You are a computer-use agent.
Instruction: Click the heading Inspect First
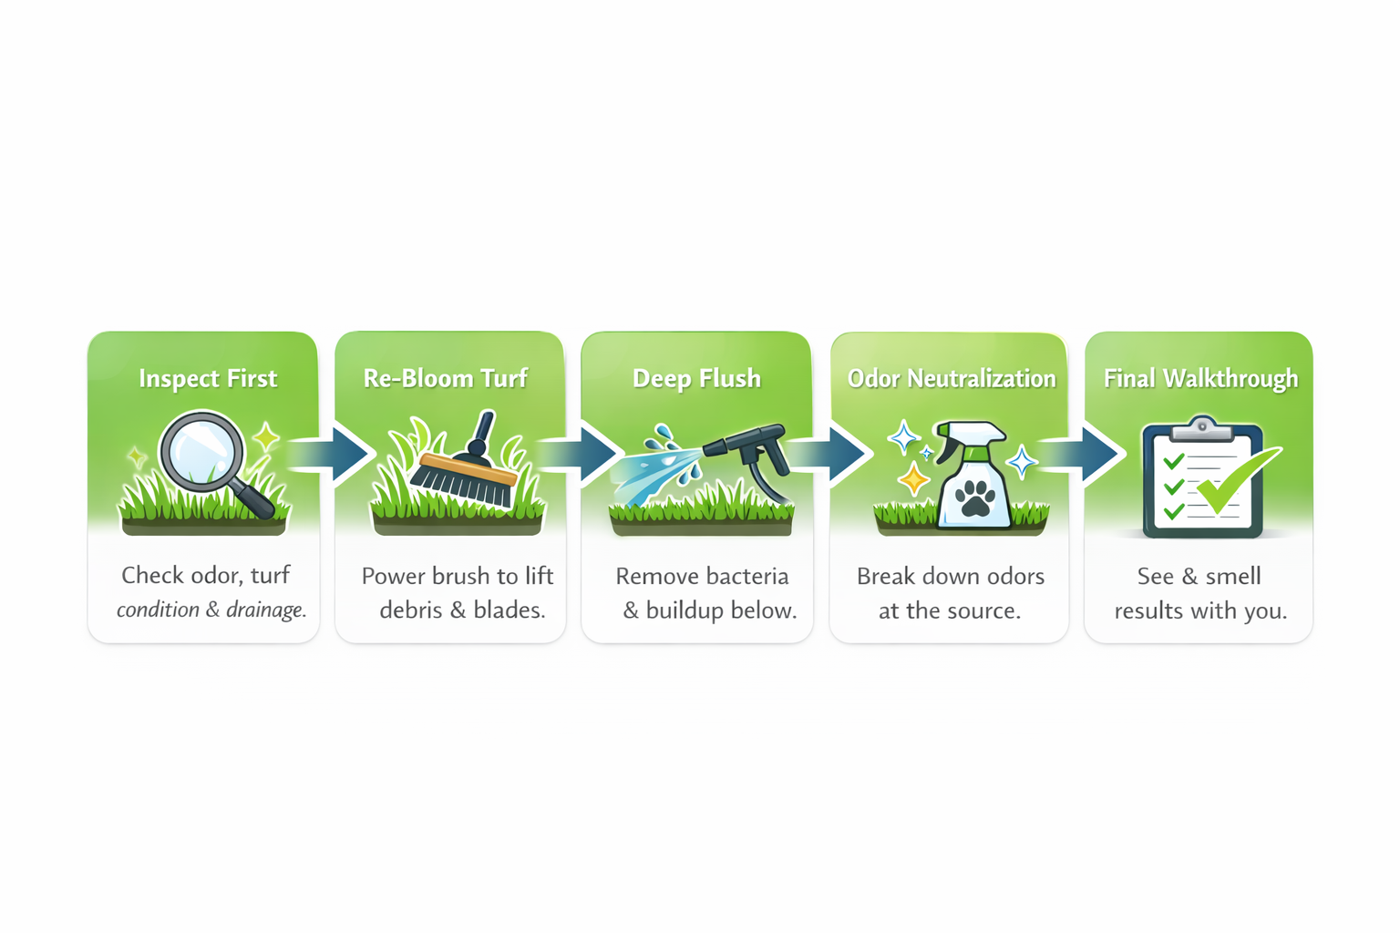click(x=208, y=378)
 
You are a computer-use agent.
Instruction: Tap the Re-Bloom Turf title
click(x=445, y=378)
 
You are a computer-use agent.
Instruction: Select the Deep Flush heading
click(x=696, y=378)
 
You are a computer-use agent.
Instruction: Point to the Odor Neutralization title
click(x=952, y=378)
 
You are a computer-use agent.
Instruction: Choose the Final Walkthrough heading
click(x=1200, y=378)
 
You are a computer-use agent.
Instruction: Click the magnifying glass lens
click(x=201, y=453)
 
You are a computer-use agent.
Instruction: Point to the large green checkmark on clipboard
click(x=1235, y=478)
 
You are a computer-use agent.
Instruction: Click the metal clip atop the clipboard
click(x=1202, y=425)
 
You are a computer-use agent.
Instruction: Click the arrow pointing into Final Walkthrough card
click(x=1096, y=453)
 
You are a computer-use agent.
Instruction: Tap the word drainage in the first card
click(x=265, y=610)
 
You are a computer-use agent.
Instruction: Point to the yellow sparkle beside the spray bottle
click(x=913, y=477)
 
